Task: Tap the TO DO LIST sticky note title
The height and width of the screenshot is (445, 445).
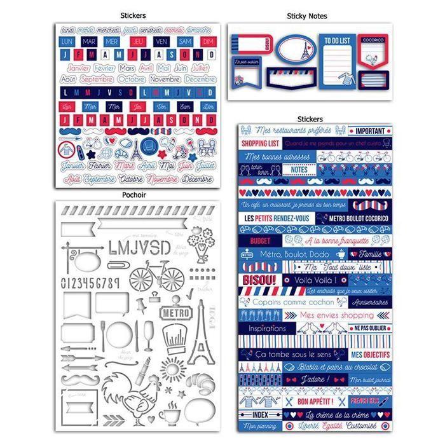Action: click(337, 40)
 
